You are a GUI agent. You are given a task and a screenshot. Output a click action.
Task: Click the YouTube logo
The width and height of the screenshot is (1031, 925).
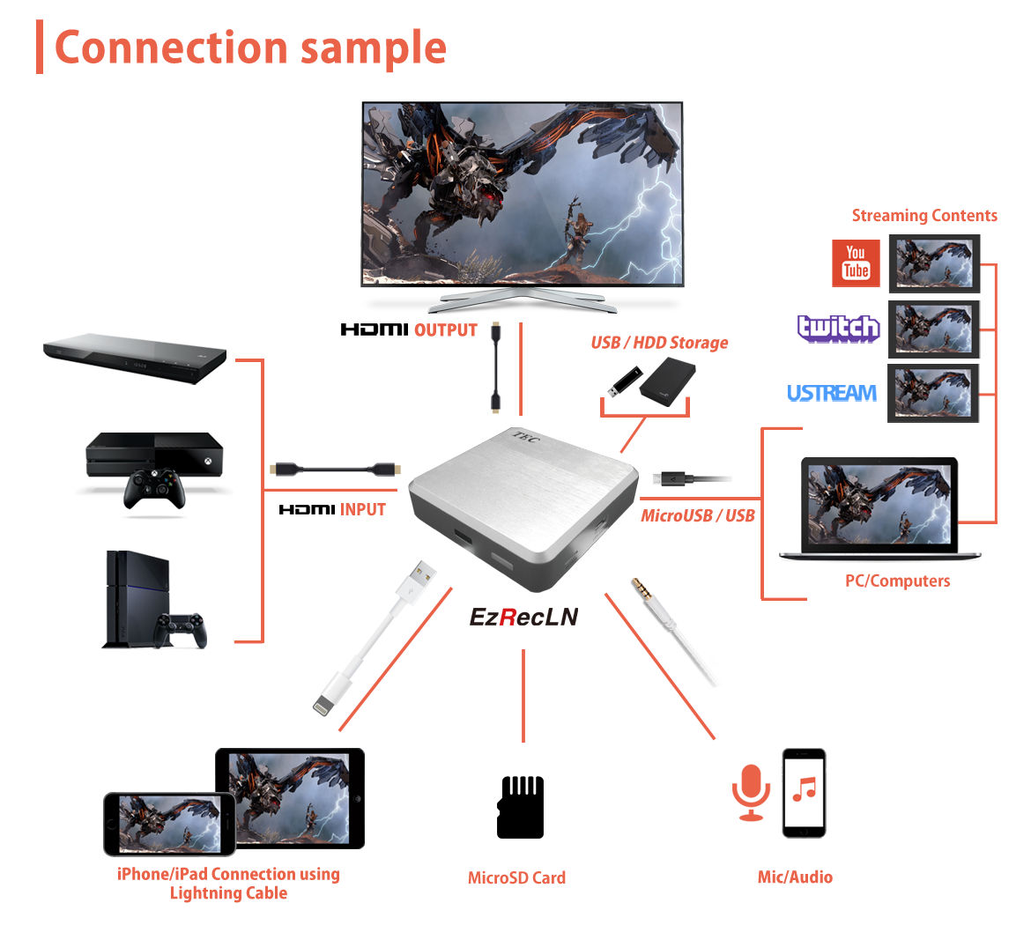pyautogui.click(x=856, y=263)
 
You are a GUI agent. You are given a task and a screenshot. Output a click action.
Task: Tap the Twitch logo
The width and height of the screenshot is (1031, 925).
pyautogui.click(x=838, y=329)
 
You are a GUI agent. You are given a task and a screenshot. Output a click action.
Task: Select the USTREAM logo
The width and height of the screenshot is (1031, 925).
pyautogui.click(x=831, y=393)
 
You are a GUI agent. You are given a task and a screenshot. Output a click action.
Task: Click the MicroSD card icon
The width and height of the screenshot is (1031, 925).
pyautogui.click(x=520, y=807)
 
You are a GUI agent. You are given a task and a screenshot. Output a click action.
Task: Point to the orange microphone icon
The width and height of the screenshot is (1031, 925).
pyautogui.click(x=751, y=790)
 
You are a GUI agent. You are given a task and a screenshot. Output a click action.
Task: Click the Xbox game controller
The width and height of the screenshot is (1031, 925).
pyautogui.click(x=154, y=488)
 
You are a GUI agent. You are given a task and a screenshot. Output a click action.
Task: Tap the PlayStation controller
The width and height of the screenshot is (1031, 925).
pyautogui.click(x=180, y=629)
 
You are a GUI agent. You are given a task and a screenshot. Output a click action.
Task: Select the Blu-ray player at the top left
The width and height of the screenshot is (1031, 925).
pyautogui.click(x=135, y=357)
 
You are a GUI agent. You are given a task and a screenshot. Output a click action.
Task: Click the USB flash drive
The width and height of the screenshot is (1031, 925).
pyautogui.click(x=621, y=381)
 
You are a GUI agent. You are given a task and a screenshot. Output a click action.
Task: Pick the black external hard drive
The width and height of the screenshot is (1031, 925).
pyautogui.click(x=668, y=386)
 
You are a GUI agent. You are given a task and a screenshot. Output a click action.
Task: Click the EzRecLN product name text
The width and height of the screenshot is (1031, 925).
pyautogui.click(x=523, y=617)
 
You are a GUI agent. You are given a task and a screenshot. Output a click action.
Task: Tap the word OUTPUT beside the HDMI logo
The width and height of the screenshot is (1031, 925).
pyautogui.click(x=445, y=330)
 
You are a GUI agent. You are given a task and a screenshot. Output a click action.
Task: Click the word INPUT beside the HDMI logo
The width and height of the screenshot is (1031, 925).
pyautogui.click(x=362, y=509)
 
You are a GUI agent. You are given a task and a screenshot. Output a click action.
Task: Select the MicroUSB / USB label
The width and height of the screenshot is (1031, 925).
pyautogui.click(x=697, y=516)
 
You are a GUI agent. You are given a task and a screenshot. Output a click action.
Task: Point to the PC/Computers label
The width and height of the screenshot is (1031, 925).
pyautogui.click(x=897, y=581)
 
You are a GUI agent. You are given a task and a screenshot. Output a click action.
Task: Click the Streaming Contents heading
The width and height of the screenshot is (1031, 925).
pyautogui.click(x=923, y=216)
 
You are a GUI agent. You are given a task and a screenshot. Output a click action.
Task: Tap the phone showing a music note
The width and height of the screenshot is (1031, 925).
pyautogui.click(x=804, y=792)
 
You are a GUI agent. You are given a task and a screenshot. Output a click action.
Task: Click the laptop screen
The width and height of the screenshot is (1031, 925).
pyautogui.click(x=879, y=504)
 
